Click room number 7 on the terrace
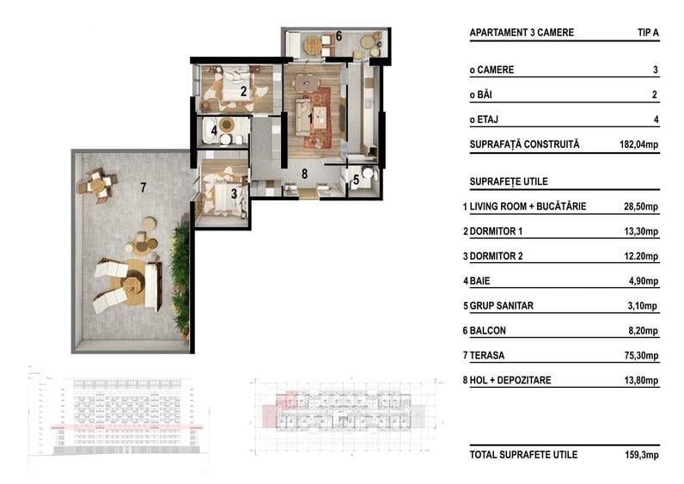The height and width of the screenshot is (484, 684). (x=144, y=187)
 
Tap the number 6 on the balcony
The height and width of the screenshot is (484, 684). (x=339, y=36)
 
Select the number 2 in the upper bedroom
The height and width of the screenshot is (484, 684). (x=243, y=91)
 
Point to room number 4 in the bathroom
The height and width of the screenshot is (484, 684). (x=214, y=130)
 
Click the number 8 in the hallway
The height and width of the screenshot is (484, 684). (x=304, y=174)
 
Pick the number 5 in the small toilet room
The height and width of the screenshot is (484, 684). (x=356, y=180)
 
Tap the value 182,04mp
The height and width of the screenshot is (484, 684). (x=638, y=144)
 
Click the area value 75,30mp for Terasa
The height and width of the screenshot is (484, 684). (x=641, y=356)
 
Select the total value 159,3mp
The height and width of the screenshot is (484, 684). (x=642, y=455)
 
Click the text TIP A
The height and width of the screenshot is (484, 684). (x=648, y=33)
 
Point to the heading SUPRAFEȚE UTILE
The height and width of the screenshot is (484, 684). (x=509, y=181)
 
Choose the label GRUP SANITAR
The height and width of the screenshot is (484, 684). (x=501, y=305)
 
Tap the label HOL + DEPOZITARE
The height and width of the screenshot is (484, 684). (x=510, y=380)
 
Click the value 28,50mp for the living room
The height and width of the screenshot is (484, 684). (x=641, y=206)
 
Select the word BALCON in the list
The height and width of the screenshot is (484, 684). (x=488, y=330)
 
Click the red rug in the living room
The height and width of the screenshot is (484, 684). (x=318, y=118)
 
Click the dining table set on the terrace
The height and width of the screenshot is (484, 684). (x=98, y=186)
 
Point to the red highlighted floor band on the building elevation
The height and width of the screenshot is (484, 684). (x=126, y=426)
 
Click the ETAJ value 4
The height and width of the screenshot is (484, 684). (x=656, y=119)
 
